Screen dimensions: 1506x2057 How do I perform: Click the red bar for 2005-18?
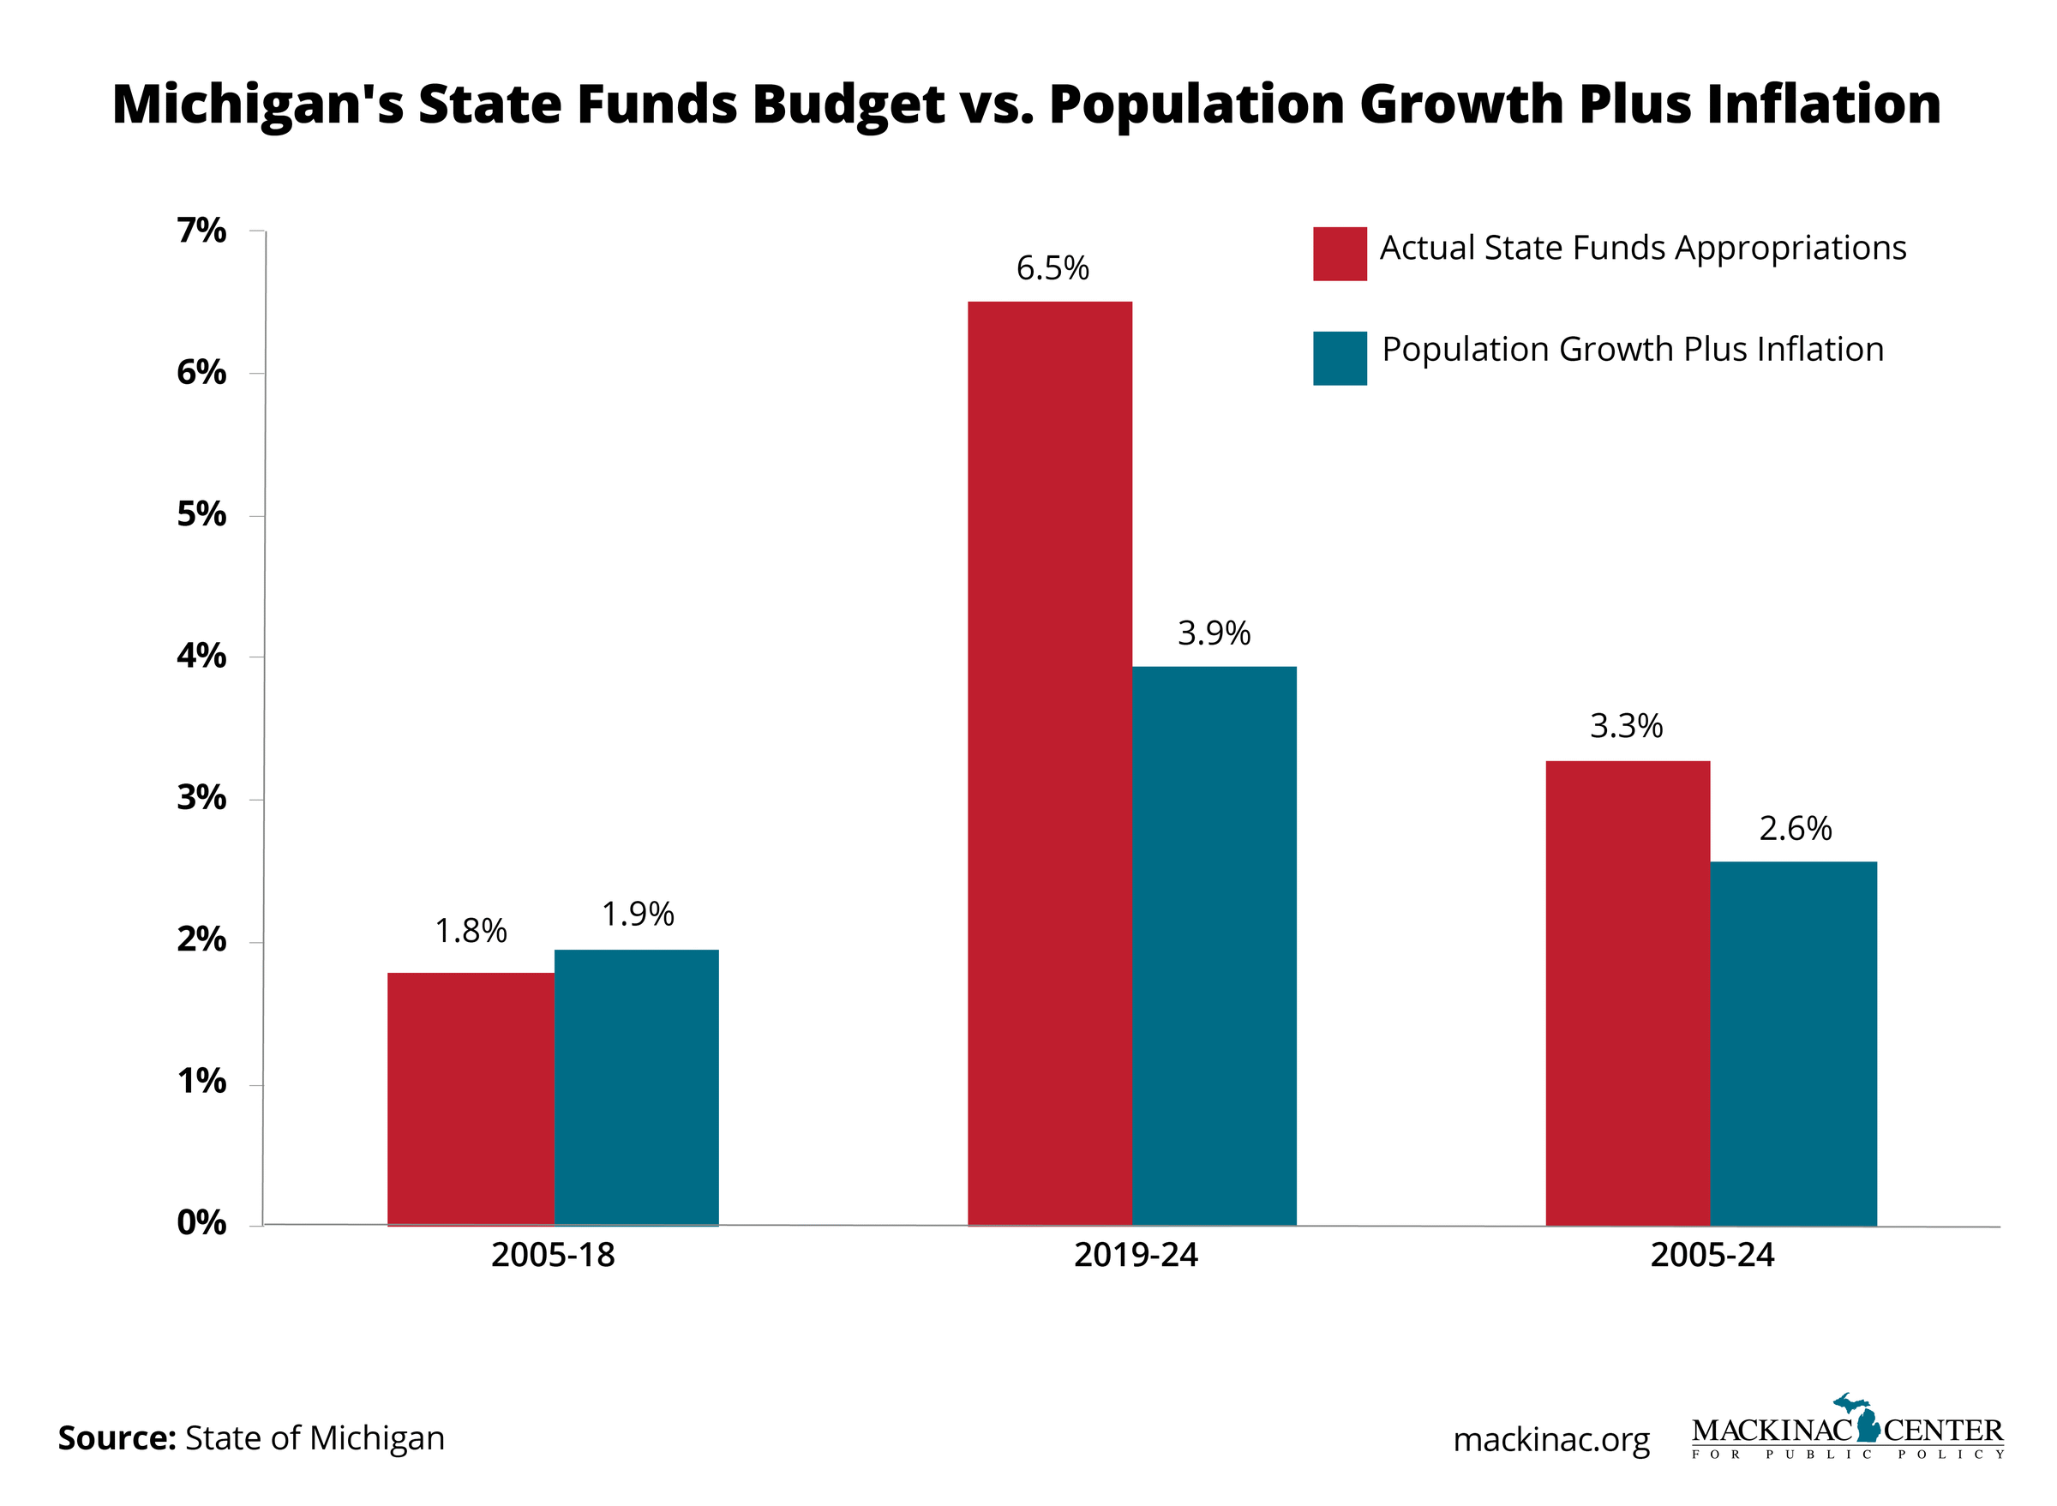tap(471, 1099)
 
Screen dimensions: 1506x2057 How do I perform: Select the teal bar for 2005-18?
tap(636, 1087)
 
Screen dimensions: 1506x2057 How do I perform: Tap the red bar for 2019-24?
tap(1049, 763)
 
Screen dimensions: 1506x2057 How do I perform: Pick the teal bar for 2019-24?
tap(1213, 945)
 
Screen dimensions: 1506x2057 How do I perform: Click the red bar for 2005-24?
tap(1627, 993)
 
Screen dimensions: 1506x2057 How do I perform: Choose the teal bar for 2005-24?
tap(1793, 1043)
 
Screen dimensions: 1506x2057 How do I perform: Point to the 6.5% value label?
tap(1052, 268)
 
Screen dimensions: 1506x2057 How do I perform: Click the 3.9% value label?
tap(1213, 633)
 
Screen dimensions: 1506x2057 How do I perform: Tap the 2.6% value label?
tap(1795, 828)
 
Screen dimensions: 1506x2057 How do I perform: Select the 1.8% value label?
tap(471, 930)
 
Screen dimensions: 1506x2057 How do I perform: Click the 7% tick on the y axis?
tap(201, 231)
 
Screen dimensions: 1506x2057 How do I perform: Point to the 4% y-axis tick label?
tap(201, 656)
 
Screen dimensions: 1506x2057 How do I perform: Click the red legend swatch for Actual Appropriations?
tap(1339, 254)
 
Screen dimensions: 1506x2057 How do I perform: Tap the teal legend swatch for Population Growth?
tap(1339, 357)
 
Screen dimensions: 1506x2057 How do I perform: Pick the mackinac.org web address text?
tap(1550, 1439)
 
